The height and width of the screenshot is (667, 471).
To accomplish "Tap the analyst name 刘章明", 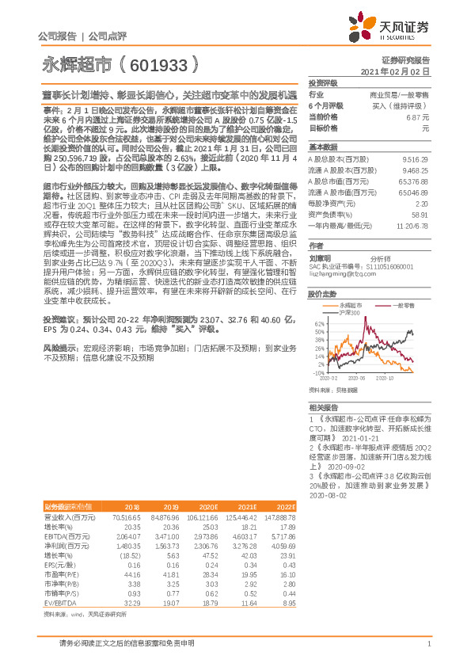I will (319, 257).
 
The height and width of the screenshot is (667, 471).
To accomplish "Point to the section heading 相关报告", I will (323, 406).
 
